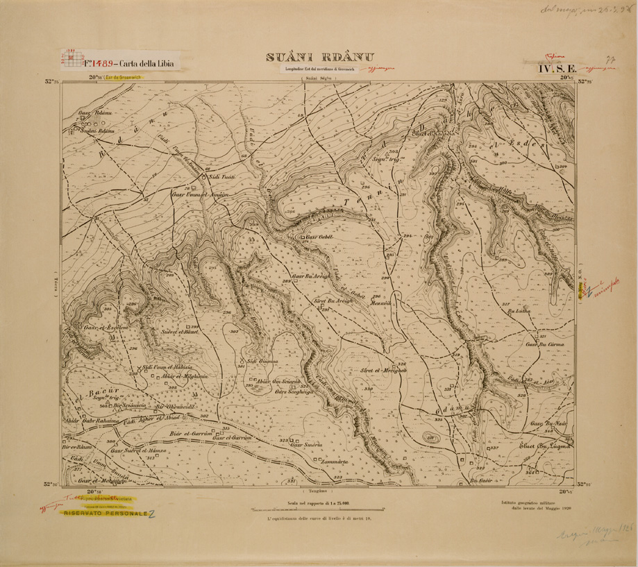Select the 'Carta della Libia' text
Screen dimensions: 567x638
(146, 63)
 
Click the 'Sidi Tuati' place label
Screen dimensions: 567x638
(223, 178)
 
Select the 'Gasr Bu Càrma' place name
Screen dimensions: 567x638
(544, 344)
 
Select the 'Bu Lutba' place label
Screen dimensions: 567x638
(519, 312)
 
